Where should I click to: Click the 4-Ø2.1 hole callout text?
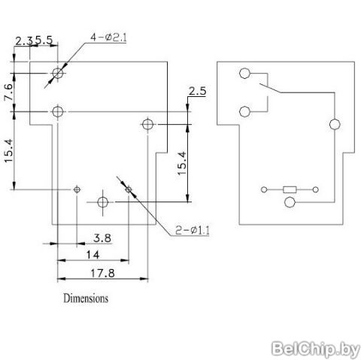108,38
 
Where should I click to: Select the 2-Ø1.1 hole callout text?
193,230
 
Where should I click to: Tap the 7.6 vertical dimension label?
8,92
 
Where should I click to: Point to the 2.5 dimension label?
197,91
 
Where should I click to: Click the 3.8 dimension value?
102,237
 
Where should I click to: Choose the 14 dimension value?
93,255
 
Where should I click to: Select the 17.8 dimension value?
102,273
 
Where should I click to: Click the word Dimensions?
86,298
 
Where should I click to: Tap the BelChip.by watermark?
315,349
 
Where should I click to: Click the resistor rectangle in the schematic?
290,189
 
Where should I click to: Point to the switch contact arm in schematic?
270,88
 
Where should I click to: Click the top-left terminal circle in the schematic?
244,74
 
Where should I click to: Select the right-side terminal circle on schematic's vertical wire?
335,124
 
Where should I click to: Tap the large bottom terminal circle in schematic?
290,202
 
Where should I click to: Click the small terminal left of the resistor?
264,189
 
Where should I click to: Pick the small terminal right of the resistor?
316,189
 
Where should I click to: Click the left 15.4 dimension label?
8,151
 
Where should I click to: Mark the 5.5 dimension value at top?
44,40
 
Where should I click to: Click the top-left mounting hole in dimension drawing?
58,73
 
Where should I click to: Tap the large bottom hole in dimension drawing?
102,202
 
